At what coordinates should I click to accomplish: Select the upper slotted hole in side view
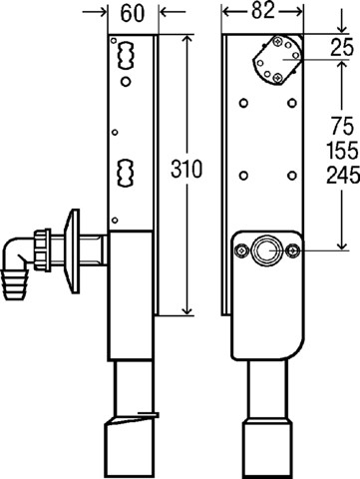127,53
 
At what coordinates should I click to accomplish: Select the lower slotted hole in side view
127,169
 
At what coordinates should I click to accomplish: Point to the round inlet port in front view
266,251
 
